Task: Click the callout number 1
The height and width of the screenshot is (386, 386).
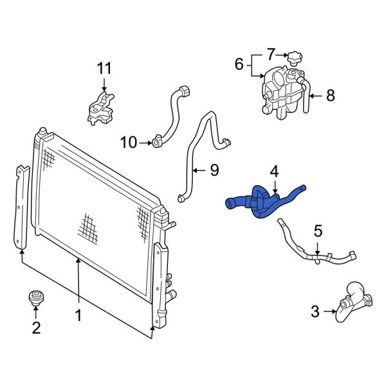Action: pos(78,315)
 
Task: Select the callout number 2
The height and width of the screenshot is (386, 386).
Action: pos(36,328)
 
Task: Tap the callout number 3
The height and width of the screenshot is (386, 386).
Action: pos(315,313)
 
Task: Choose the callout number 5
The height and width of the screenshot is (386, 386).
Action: pos(317,230)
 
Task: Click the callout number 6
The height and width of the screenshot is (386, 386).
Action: pos(239,64)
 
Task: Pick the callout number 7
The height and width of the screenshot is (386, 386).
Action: pos(271,53)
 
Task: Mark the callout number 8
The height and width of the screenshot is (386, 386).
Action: pos(330,96)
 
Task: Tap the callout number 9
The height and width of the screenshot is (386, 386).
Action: pos(214,170)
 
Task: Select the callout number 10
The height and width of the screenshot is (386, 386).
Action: pos(129,142)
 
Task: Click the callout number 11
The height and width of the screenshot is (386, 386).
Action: pos(104,68)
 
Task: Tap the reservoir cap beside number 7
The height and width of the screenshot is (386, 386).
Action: pos(295,58)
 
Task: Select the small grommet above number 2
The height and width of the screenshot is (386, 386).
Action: pos(36,299)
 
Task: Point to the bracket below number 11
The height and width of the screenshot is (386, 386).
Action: pos(100,108)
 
